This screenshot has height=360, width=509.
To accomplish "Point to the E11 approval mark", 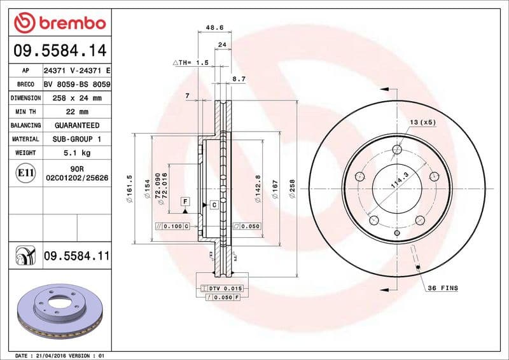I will [x=26, y=172].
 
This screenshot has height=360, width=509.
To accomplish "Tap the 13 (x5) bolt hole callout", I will [x=423, y=121].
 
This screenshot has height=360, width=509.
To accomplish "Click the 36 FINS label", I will [x=443, y=288].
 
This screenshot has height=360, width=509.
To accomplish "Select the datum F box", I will [x=185, y=201].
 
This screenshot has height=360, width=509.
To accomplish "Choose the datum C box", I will [x=214, y=205].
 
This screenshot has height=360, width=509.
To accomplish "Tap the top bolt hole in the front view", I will [x=398, y=149].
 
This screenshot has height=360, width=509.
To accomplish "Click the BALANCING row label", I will [x=26, y=126].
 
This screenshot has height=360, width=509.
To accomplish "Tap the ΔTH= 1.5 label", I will [x=191, y=62].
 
